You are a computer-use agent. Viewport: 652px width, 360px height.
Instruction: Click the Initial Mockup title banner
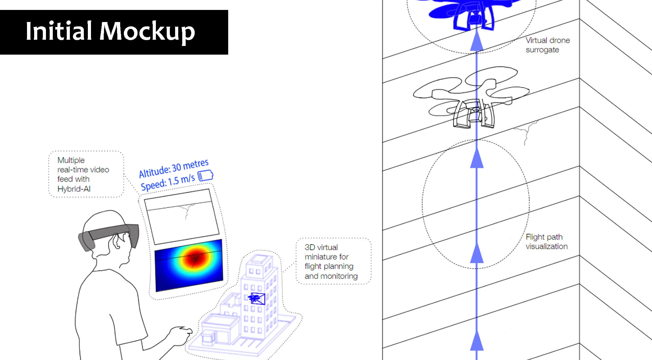click(x=114, y=32)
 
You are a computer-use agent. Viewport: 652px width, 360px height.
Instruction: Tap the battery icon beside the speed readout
click(x=206, y=175)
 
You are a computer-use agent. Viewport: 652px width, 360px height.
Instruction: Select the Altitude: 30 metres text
click(x=174, y=169)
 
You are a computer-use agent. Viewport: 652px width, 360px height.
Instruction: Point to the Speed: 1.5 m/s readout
click(x=168, y=182)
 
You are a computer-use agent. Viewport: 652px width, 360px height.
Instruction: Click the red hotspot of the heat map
click(x=196, y=257)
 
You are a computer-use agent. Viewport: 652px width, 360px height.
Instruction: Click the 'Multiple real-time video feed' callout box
click(x=86, y=174)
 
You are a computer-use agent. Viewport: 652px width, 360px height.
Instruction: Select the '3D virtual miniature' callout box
click(x=333, y=261)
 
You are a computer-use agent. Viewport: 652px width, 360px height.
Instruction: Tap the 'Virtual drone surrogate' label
click(x=548, y=45)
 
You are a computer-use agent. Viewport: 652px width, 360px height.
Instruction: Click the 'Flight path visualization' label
click(x=546, y=241)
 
